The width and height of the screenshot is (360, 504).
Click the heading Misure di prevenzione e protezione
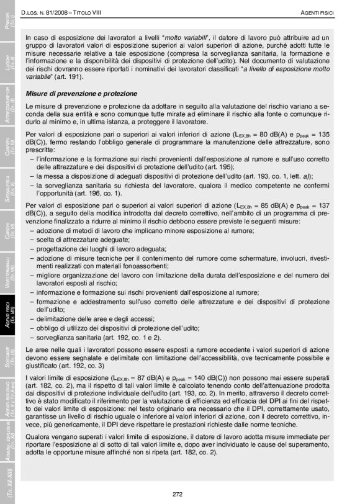coord(81,94)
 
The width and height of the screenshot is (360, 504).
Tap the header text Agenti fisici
coord(318,12)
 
